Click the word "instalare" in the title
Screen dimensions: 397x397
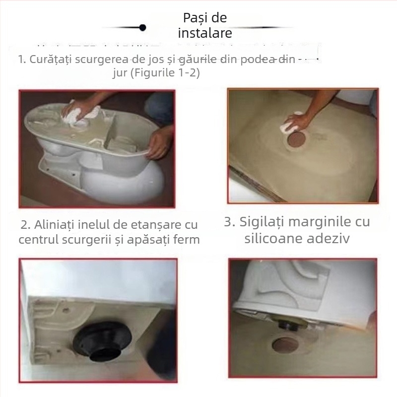[x=205, y=34]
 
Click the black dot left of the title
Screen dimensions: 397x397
[x=142, y=27]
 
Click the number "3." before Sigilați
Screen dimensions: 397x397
[x=229, y=222]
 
